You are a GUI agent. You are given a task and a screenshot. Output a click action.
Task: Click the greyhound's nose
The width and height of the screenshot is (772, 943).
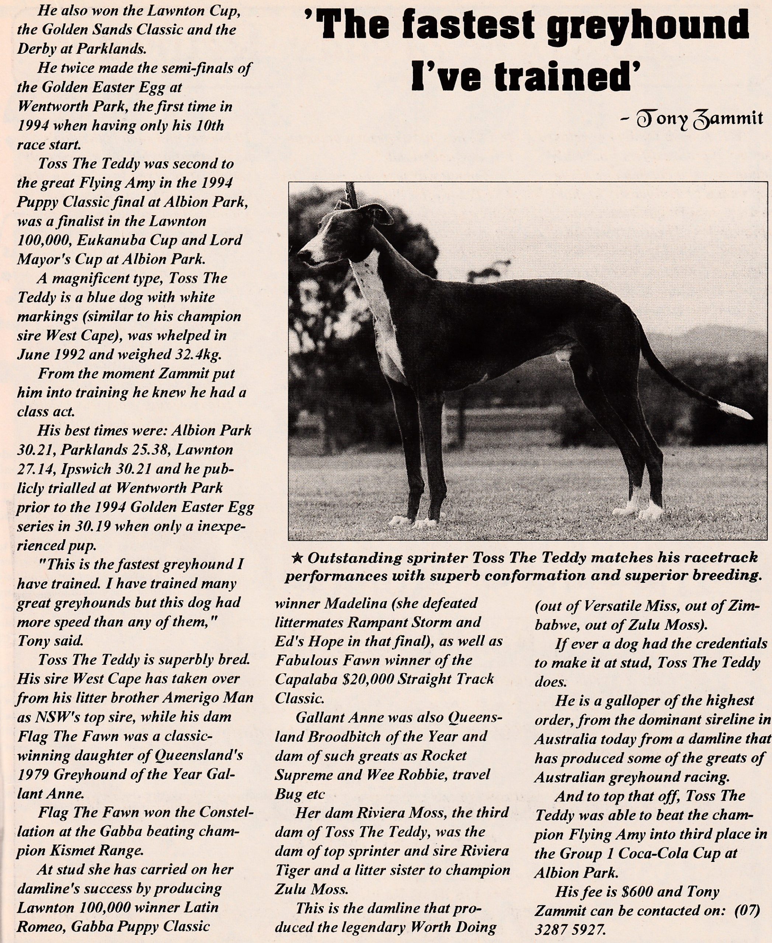(304, 255)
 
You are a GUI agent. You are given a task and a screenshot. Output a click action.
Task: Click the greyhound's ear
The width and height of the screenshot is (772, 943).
(382, 214)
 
